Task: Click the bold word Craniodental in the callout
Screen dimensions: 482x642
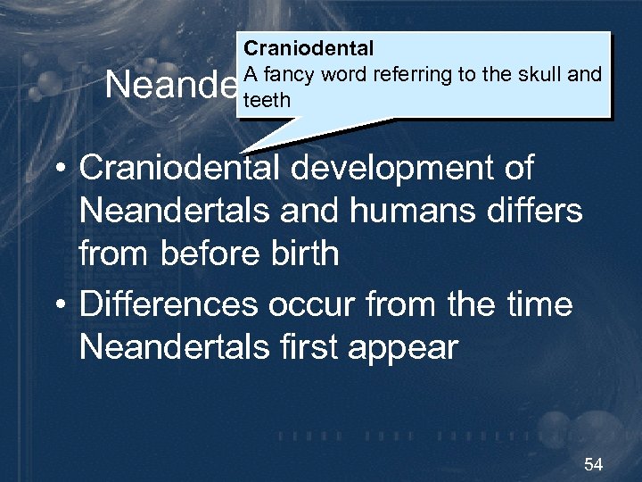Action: (x=309, y=48)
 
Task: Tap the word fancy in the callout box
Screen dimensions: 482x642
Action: (x=283, y=74)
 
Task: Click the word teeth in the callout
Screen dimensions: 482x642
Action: (x=267, y=100)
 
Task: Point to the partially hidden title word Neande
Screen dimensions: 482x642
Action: (x=170, y=86)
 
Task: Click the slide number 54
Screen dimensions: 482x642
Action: (x=593, y=464)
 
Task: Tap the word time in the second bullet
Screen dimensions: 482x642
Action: (x=539, y=304)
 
